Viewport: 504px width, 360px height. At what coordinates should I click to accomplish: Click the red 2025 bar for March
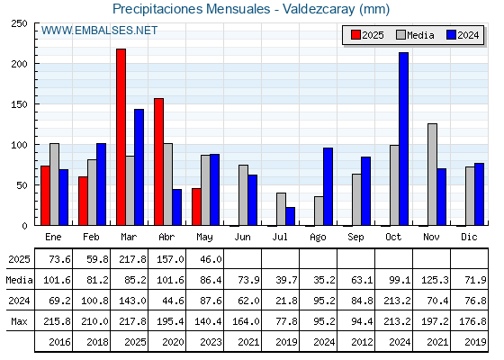(x=121, y=137)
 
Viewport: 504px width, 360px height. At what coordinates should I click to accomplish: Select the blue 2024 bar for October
(x=404, y=139)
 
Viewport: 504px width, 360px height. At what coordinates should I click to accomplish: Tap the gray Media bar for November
(x=432, y=175)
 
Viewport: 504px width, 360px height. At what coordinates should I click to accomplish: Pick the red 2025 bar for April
(x=158, y=162)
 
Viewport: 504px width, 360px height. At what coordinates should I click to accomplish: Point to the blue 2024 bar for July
(x=290, y=216)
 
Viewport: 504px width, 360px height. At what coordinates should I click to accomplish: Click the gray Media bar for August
(x=319, y=211)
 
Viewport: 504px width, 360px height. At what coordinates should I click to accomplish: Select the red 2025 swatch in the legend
(x=355, y=35)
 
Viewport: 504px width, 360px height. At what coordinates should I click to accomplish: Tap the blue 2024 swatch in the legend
(x=451, y=35)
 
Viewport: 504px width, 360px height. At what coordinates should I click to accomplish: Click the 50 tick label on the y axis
(x=22, y=185)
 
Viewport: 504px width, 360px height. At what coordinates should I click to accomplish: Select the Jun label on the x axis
(x=242, y=237)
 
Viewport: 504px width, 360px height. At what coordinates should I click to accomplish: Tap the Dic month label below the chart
(x=469, y=237)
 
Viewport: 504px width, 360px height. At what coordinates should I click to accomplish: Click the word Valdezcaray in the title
(x=319, y=9)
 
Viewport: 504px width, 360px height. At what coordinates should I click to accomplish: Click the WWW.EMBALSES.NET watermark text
(x=99, y=31)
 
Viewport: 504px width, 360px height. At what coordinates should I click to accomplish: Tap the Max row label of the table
(x=19, y=321)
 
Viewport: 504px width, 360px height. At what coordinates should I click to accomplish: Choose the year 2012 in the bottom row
(x=362, y=342)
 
